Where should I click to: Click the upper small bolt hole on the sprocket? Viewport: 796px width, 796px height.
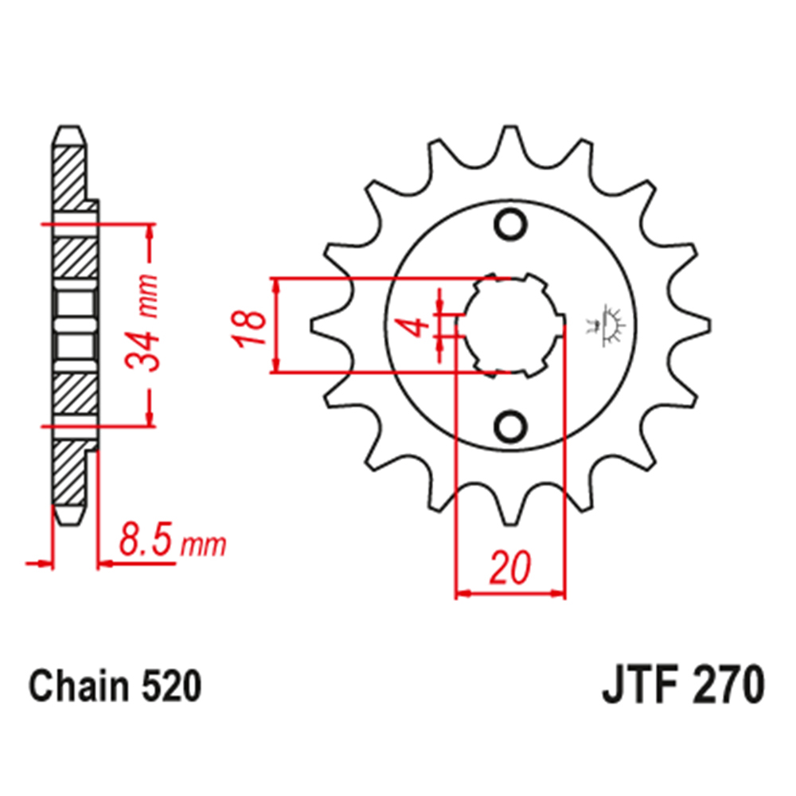510,224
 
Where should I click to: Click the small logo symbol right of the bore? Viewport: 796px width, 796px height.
609,325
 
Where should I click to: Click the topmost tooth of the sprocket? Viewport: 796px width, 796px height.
509,143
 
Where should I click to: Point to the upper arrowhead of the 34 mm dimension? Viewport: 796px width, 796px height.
150,231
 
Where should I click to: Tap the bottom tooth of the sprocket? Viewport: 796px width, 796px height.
510,509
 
